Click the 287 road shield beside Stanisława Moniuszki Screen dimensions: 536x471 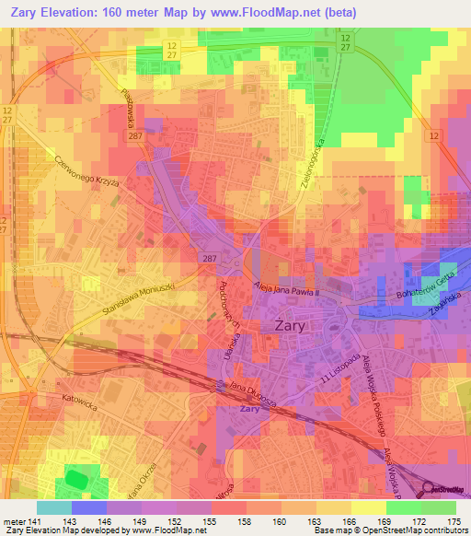tap(209, 259)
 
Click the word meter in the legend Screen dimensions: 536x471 tap(13, 521)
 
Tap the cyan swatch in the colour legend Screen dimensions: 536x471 tap(53, 507)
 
